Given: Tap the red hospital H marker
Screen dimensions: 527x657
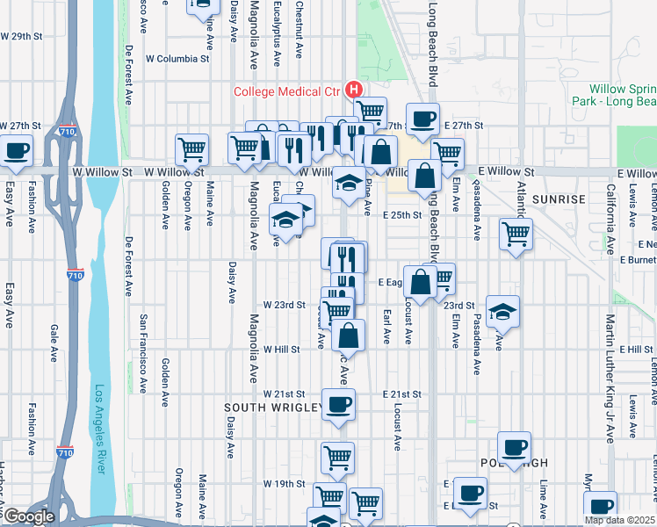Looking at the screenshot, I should coord(353,90).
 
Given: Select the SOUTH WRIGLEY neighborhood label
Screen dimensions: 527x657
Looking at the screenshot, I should coord(270,408).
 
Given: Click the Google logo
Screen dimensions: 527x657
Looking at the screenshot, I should coord(28,516).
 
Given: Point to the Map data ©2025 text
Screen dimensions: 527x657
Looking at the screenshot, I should coord(620,520).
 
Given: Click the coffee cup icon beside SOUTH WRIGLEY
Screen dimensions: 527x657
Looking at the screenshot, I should coord(338,404).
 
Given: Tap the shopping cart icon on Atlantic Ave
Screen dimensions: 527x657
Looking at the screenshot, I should coord(516,233).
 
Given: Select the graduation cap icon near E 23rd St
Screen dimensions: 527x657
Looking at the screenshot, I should coord(502,312).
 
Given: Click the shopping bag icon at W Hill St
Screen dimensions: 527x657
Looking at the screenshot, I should coord(350,335).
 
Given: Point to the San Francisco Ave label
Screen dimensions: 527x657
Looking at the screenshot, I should coord(142,351).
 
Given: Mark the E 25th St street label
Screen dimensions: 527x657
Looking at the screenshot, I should coord(402,215).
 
